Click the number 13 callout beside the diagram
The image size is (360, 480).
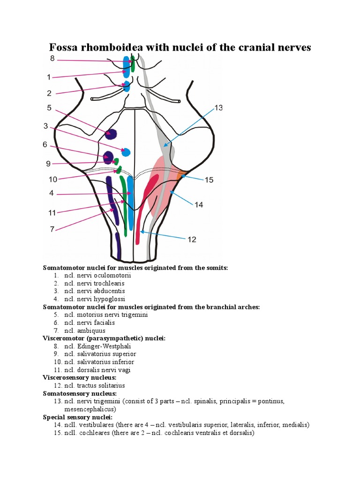pos(218,108)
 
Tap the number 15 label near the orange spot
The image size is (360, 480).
pos(209,180)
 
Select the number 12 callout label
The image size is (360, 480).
pos(192,240)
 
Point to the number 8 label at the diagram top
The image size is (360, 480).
pos(52,58)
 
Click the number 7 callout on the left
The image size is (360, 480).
pos(52,229)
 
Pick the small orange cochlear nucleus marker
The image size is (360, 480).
pos(181,175)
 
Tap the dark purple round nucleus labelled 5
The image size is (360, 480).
pos(111,134)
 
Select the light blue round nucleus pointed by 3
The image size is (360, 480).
pos(126,152)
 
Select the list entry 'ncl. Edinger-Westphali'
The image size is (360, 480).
pos(98,346)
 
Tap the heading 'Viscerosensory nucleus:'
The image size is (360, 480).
pos(80,377)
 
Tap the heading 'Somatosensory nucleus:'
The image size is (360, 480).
pos(80,393)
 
